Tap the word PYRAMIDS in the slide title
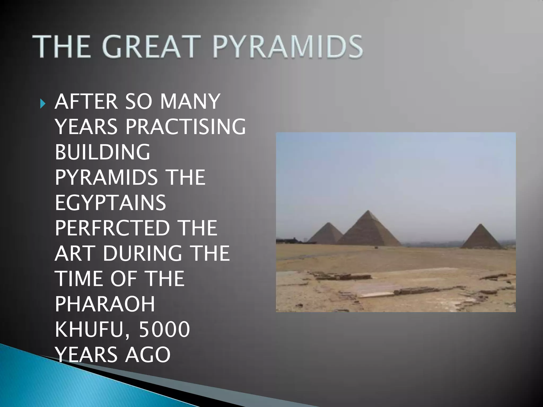coord(287,47)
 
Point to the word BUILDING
coord(103,152)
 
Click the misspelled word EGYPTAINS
coord(110,203)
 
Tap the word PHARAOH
coord(105,304)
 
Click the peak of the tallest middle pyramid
coord(368,211)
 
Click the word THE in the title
coord(61,47)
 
